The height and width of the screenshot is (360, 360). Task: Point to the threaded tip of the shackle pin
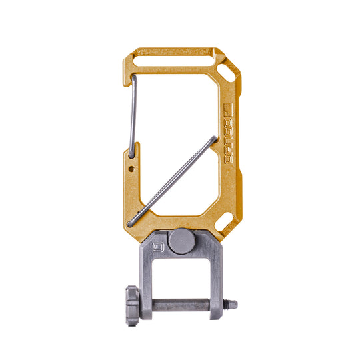[231, 305]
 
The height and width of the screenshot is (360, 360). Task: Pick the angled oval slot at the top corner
[227, 69]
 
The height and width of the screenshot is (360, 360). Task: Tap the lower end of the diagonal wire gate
[131, 221]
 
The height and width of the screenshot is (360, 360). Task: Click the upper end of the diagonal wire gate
[213, 139]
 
